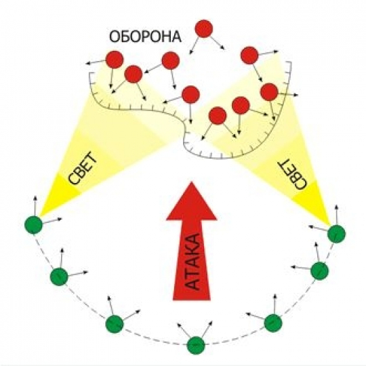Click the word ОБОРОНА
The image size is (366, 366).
(145, 37)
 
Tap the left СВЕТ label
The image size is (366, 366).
(83, 167)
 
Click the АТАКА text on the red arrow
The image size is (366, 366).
(192, 262)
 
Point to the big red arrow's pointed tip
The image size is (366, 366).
(192, 182)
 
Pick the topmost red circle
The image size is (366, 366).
(204, 28)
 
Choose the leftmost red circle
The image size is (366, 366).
(115, 60)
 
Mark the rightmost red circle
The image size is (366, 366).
(269, 92)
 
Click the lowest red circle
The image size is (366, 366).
(218, 115)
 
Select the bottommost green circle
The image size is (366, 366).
(196, 346)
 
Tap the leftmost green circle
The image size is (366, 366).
(34, 225)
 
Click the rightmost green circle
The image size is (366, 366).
(336, 234)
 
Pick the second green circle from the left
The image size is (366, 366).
(59, 277)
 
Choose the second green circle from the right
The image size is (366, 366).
(319, 270)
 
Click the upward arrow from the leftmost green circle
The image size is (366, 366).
(35, 206)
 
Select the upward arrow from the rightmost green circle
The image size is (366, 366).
(336, 216)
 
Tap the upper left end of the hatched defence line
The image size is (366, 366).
(89, 73)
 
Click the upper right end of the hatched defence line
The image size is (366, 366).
(291, 62)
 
